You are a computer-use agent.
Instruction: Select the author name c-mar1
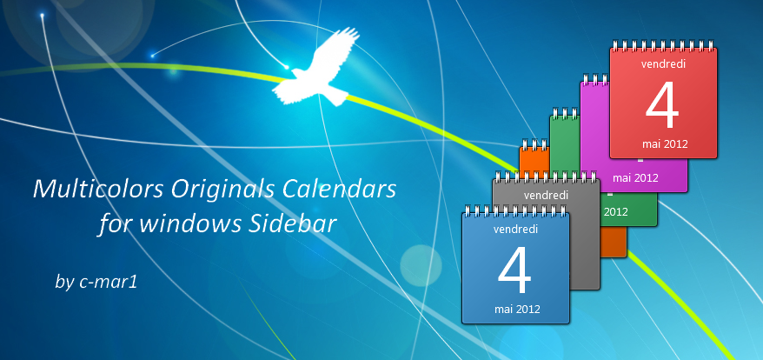point(109,282)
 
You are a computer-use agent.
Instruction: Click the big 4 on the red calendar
point(662,105)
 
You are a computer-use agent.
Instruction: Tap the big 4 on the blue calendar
point(514,270)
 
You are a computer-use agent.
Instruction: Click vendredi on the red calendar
point(663,63)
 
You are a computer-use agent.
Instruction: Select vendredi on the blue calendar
point(515,230)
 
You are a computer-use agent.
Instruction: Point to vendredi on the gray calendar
point(546,196)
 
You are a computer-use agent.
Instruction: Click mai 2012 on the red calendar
point(664,143)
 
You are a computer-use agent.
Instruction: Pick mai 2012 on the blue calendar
point(517,309)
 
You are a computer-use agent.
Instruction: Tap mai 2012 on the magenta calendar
point(635,177)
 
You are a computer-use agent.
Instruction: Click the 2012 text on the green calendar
point(615,212)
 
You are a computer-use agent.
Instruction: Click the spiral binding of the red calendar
point(664,47)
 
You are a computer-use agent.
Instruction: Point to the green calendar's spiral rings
point(565,114)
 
